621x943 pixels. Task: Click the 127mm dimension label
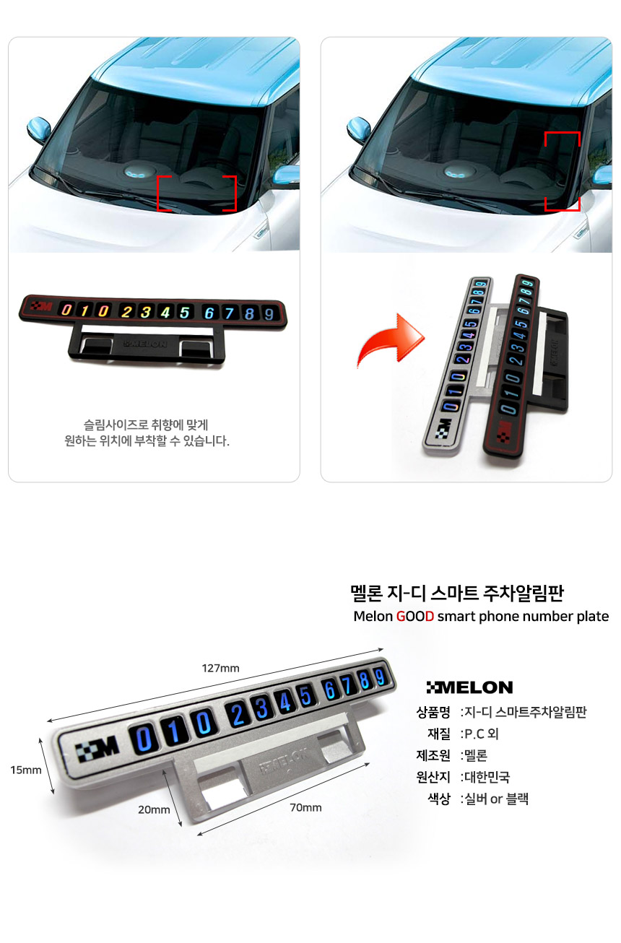click(x=220, y=668)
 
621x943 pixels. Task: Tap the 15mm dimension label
click(x=26, y=770)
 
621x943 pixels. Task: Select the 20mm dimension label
click(x=154, y=809)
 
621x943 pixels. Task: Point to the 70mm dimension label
click(x=305, y=807)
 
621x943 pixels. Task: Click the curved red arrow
click(x=389, y=340)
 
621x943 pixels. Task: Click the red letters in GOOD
click(x=415, y=617)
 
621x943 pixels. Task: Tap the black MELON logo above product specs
click(x=469, y=687)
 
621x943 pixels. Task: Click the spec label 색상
click(x=439, y=799)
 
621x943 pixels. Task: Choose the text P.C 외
click(x=481, y=734)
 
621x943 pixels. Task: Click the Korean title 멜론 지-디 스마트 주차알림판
click(x=457, y=593)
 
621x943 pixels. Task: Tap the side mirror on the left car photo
click(x=39, y=129)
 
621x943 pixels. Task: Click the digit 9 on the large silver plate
click(x=380, y=677)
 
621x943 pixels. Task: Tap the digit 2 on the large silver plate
click(x=238, y=714)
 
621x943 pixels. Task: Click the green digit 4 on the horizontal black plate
click(x=165, y=312)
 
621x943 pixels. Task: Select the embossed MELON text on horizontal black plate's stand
click(x=145, y=344)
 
